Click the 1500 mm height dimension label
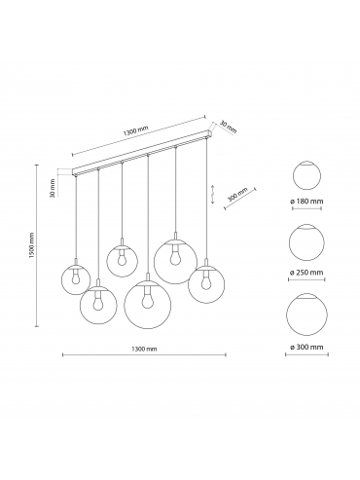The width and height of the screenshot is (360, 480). tap(31, 245)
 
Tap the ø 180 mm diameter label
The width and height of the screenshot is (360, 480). tap(306, 201)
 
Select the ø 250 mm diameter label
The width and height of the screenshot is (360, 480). tap(306, 273)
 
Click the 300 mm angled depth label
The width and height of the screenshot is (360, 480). tap(237, 195)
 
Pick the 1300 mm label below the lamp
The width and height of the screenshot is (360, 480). tap(144, 349)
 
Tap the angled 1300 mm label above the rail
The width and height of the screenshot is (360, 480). tap(135, 130)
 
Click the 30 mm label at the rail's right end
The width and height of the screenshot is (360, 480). tap(229, 127)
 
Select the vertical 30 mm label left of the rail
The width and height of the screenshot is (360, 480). tap(53, 188)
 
